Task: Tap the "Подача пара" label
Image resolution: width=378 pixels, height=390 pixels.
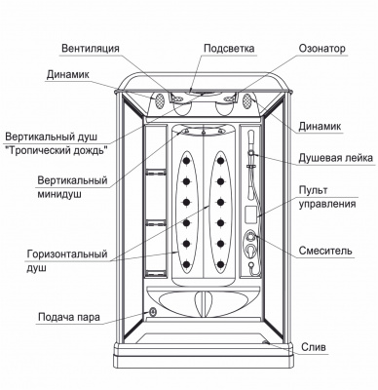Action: click(70, 317)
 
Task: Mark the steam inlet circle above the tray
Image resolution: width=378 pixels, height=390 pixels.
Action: click(154, 312)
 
